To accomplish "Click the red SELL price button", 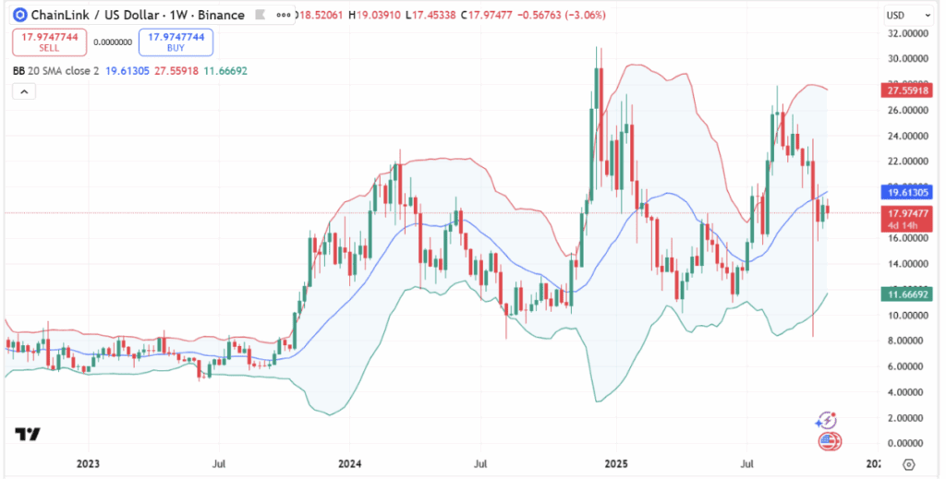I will tap(50, 42).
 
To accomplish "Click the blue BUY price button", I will tap(176, 42).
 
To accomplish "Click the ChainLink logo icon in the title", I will tap(20, 16).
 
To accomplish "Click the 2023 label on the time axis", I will tap(88, 463).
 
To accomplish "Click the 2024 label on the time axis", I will tap(350, 463).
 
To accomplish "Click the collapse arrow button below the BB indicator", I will tap(24, 91).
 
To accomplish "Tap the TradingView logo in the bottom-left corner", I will tap(28, 434).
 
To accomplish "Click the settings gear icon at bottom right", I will tap(909, 464).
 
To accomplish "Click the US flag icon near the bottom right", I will tap(829, 440).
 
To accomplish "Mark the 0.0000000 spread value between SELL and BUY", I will tap(113, 42).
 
